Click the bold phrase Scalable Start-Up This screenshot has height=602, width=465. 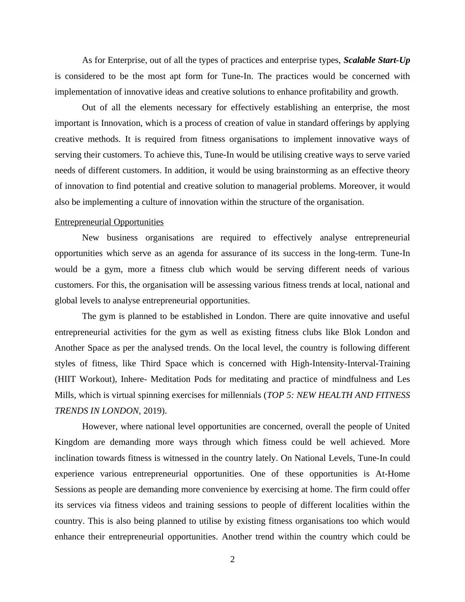tap(377, 60)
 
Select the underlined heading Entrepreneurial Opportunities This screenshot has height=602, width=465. tap(109, 222)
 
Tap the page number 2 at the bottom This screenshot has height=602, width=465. tap(232, 559)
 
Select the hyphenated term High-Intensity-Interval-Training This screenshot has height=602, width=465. tap(350, 364)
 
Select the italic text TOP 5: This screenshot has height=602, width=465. tap(279, 395)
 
